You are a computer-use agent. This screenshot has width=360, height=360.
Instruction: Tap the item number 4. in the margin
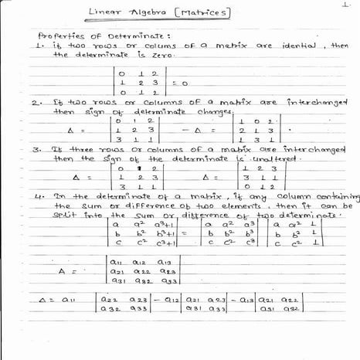coord(39,198)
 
